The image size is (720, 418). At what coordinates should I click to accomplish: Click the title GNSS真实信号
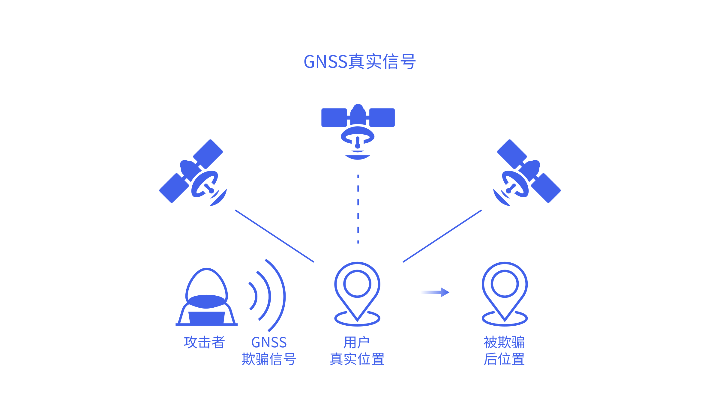coord(360,61)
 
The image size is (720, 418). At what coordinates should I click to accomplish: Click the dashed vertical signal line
coord(358,209)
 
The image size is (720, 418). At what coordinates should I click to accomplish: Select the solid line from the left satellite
coord(274,236)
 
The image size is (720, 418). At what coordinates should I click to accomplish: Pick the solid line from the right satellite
coord(442,236)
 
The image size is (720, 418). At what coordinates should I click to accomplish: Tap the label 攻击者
coord(204,342)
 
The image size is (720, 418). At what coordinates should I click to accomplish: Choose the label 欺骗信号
coord(269,359)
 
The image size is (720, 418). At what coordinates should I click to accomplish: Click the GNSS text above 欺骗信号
coord(269,342)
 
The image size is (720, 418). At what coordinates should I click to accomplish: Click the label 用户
coord(356,342)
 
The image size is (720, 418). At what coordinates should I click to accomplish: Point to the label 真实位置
coord(357,359)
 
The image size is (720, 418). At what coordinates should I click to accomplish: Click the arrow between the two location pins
coord(435,292)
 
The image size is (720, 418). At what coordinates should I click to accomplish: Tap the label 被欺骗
coord(504,342)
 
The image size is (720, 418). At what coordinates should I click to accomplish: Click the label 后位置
coord(504,359)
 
